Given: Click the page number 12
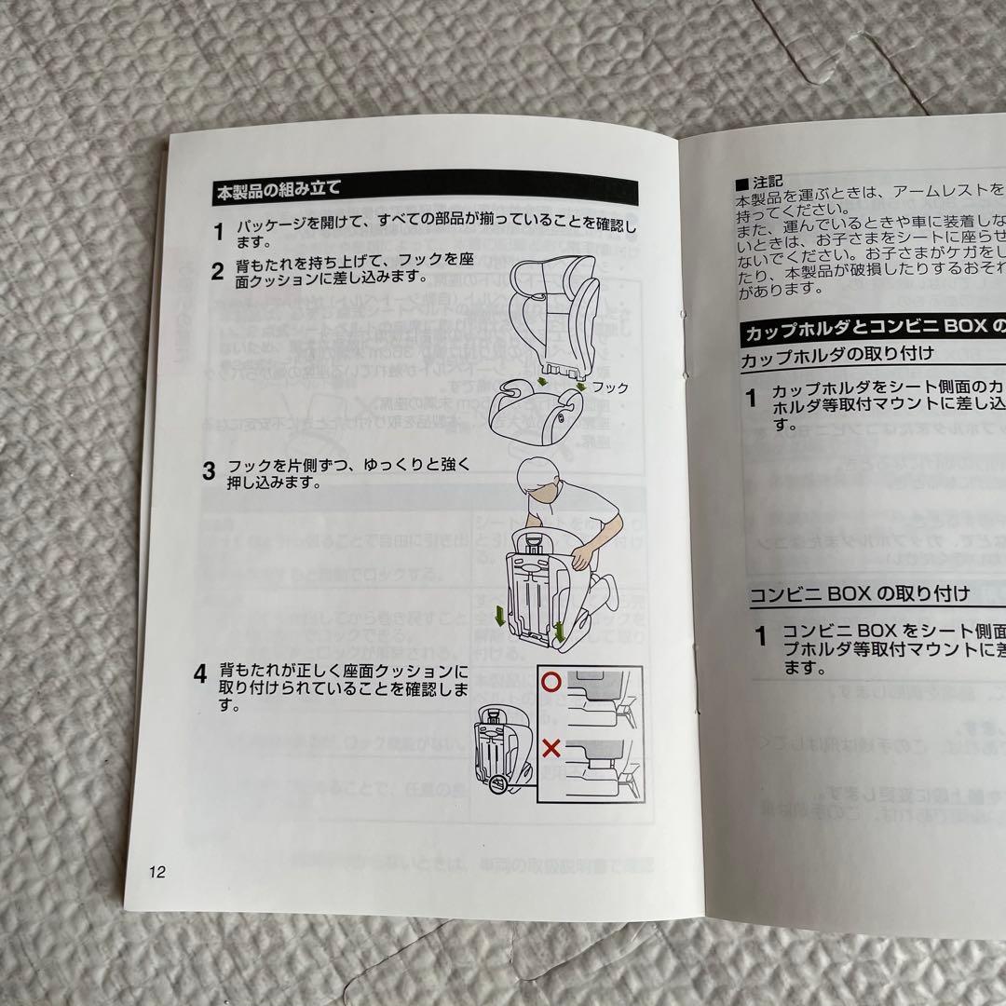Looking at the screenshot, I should [x=156, y=873].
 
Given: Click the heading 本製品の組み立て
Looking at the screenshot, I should [x=279, y=189].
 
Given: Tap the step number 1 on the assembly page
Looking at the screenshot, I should [x=217, y=231].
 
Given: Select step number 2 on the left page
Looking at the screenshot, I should [x=216, y=272].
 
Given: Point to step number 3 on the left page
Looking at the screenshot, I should [x=209, y=470].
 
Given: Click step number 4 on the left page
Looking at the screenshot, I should [x=199, y=674].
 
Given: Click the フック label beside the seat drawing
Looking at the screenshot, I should [x=610, y=387].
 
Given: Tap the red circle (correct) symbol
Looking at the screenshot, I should [x=552, y=682].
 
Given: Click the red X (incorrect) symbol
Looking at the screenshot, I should [x=552, y=748].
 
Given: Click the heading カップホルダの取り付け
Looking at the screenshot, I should [x=836, y=355].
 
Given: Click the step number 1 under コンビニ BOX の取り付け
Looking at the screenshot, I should [x=760, y=637].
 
